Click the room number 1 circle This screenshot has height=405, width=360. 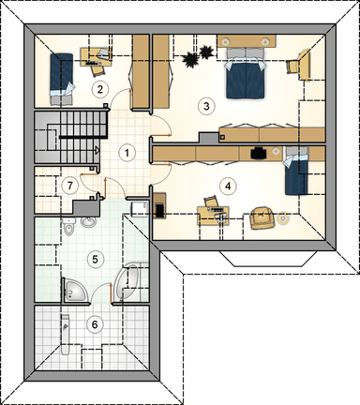coord(127,153)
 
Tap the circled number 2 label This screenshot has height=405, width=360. coord(99,89)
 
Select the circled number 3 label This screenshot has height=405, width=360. coord(206,106)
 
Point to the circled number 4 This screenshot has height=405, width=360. coord(228,186)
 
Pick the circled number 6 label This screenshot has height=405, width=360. coord(95,324)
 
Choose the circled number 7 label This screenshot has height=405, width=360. coord(70,186)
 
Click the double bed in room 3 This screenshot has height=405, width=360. coord(246,73)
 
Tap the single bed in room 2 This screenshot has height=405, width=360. coord(62,79)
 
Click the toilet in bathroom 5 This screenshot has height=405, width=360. coord(68,227)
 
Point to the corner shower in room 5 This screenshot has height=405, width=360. coord(76,291)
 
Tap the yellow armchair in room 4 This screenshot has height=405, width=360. coord(262,216)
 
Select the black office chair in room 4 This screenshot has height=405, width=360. coord(258,153)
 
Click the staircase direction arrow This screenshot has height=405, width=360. coord(97,150)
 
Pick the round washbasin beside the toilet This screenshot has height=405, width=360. coord(88,222)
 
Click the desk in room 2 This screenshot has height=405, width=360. coord(96,56)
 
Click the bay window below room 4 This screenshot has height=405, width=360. coord(268,259)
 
